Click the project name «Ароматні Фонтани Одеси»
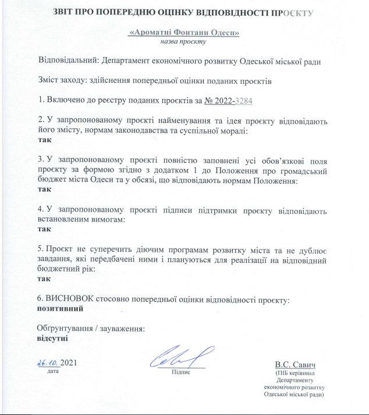point(184,33)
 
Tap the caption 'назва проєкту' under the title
point(183,41)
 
